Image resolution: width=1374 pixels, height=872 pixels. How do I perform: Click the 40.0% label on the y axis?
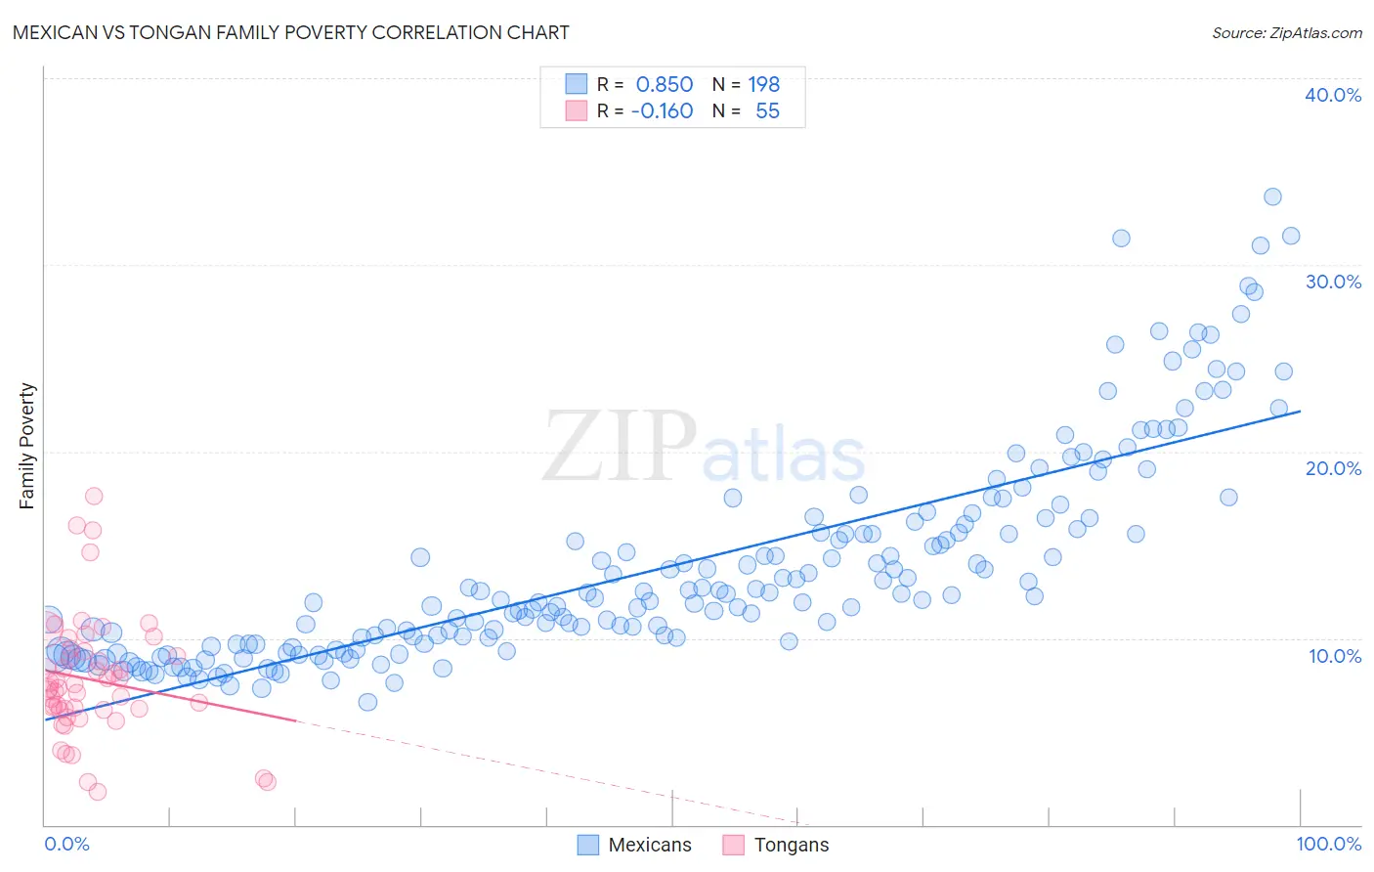coord(1333,95)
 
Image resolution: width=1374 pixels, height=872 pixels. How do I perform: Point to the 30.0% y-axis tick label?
coord(1333,282)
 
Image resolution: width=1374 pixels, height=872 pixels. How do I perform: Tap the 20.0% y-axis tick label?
coord(1333,468)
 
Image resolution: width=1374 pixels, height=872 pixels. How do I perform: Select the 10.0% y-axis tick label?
coord(1335,656)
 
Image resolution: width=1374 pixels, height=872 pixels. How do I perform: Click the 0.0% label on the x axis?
coord(66,844)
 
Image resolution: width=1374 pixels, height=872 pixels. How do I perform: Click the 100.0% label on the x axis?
coord(1328,844)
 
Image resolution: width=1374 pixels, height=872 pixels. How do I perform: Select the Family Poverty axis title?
coord(27,446)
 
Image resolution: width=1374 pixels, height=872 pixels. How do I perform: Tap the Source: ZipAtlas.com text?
coord(1286,32)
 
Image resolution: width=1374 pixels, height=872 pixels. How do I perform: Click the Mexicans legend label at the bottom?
coord(649,845)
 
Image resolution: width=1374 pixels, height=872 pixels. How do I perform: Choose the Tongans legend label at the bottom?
coord(791,845)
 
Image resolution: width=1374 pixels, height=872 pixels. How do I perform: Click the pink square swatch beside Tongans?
coord(733,845)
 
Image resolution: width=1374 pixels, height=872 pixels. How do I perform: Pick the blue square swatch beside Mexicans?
coord(587,845)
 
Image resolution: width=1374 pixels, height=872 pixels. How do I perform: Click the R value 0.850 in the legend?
coord(664,85)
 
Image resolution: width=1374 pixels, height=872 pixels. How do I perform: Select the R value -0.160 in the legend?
coord(662,111)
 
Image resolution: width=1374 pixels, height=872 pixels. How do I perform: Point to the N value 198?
coord(763,85)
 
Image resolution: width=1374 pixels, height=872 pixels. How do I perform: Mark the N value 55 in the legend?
coord(767,111)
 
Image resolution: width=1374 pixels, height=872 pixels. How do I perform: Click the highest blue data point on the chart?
coord(1272,196)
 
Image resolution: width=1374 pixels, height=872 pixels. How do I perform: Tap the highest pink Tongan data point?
coord(94,496)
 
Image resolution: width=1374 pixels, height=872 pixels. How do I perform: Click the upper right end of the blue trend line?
coord(1300,412)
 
